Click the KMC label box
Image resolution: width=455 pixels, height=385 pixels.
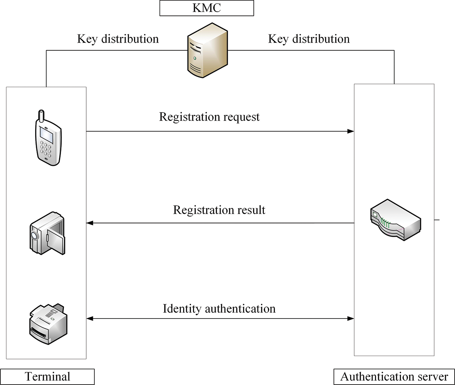coord(206,8)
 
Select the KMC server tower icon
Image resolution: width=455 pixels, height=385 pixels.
coord(207,50)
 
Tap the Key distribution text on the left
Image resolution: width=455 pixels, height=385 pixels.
coord(118,39)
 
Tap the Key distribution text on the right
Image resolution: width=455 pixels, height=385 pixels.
coord(309,39)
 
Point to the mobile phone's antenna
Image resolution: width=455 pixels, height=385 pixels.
coord(41,115)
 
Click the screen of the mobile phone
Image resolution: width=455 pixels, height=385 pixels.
coord(46,135)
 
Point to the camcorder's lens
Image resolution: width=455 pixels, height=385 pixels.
coord(34,235)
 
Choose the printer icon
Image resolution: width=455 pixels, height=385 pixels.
coord(48,324)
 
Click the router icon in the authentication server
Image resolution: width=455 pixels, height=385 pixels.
coord(395,220)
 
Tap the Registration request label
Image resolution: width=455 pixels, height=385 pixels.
coord(209,117)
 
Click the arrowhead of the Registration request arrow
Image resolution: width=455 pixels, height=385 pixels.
coord(351,131)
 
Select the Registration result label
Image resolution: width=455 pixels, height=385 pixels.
coord(219,210)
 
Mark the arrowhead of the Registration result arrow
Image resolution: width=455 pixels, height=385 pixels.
coord(90,223)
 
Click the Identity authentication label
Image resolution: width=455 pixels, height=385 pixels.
coord(219,309)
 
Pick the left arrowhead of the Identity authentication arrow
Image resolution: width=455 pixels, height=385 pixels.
coord(90,319)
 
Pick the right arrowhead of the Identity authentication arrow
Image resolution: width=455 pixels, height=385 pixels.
coord(351,319)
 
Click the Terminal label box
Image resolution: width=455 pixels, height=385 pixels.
coord(47,377)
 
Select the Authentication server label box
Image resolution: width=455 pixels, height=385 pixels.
coord(394,377)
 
